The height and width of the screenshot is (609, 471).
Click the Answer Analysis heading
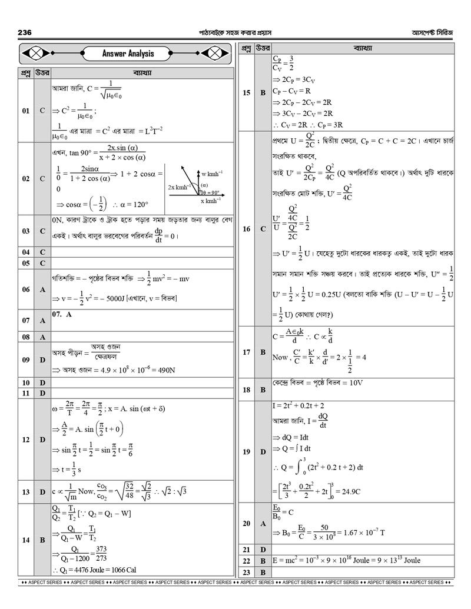(128, 54)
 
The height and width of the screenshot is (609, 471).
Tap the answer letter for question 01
(42, 110)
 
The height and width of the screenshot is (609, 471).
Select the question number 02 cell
(26, 178)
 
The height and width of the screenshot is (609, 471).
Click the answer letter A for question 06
(42, 289)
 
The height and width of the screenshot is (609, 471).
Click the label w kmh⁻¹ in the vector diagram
(211, 174)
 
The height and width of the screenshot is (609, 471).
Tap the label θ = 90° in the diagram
(210, 192)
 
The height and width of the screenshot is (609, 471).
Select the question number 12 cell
(26, 439)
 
